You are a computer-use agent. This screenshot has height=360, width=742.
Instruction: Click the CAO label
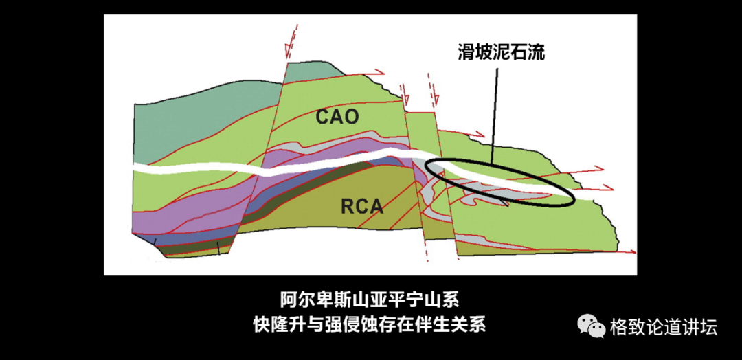pyautogui.click(x=337, y=116)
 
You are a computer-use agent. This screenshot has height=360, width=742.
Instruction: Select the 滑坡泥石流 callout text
pyautogui.click(x=502, y=52)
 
